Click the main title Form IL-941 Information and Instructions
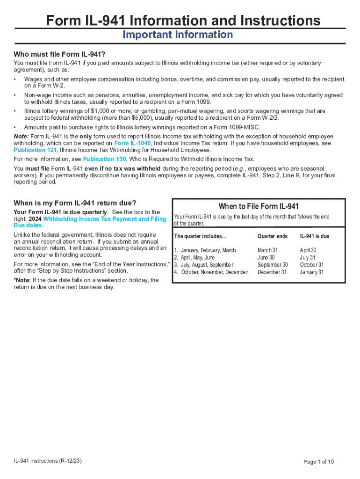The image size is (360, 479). tap(183, 21)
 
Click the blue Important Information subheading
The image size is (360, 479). tap(177, 35)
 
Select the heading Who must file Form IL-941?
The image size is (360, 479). tap(59, 54)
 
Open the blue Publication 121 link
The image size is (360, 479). tap(35, 150)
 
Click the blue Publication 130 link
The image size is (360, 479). tap(104, 159)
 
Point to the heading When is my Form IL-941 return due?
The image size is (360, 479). tap(75, 203)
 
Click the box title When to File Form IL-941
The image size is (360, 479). tap(259, 207)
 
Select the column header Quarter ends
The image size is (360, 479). tap(272, 236)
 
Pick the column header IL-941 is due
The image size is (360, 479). tap(314, 236)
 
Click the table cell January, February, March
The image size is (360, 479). tap(208, 251)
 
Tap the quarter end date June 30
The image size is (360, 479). tap(266, 258)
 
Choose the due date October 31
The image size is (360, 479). tap(311, 265)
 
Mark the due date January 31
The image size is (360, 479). tap(311, 272)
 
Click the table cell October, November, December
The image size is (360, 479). tap(214, 272)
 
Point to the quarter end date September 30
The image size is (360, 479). tap(273, 265)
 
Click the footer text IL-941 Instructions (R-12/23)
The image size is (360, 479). tap(48, 461)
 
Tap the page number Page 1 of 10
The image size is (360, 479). tap(319, 462)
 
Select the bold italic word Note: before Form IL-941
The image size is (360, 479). tap(21, 136)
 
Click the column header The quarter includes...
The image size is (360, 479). tap(200, 236)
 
